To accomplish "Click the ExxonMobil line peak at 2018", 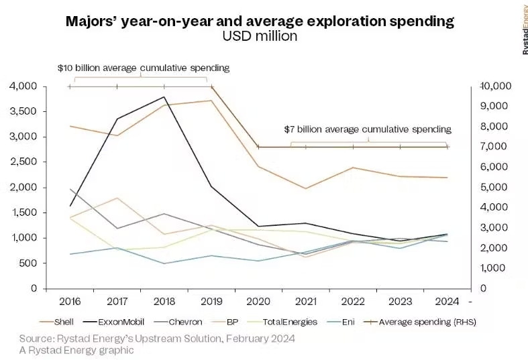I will point(164,97).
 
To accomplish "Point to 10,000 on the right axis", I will point(496,86).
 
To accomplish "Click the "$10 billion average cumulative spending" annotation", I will point(144,68).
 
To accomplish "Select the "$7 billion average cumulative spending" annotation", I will point(367,129).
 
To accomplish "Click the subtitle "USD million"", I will point(260,37).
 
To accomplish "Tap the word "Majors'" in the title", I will point(91,21).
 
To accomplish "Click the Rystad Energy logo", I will point(522,26).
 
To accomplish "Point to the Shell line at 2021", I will point(305,188).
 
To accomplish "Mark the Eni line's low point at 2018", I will point(164,263).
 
